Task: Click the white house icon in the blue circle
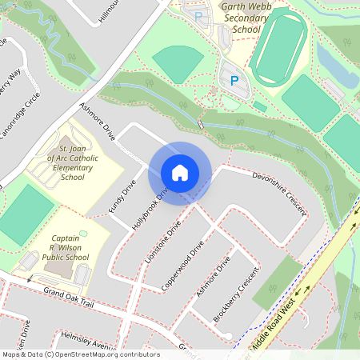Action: (180, 172)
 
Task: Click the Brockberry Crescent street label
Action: (239, 303)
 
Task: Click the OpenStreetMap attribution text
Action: (81, 354)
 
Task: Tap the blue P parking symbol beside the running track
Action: (234, 80)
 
